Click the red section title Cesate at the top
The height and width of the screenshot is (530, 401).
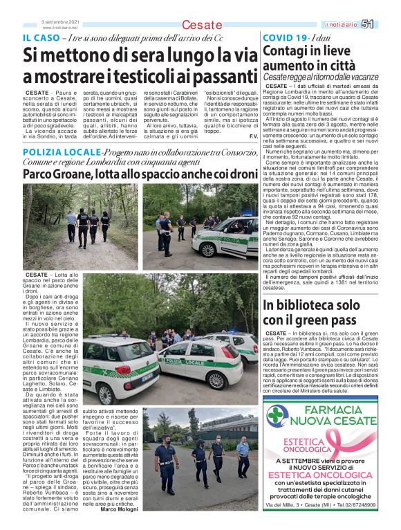point(202,26)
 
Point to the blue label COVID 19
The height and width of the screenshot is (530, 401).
point(286,37)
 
